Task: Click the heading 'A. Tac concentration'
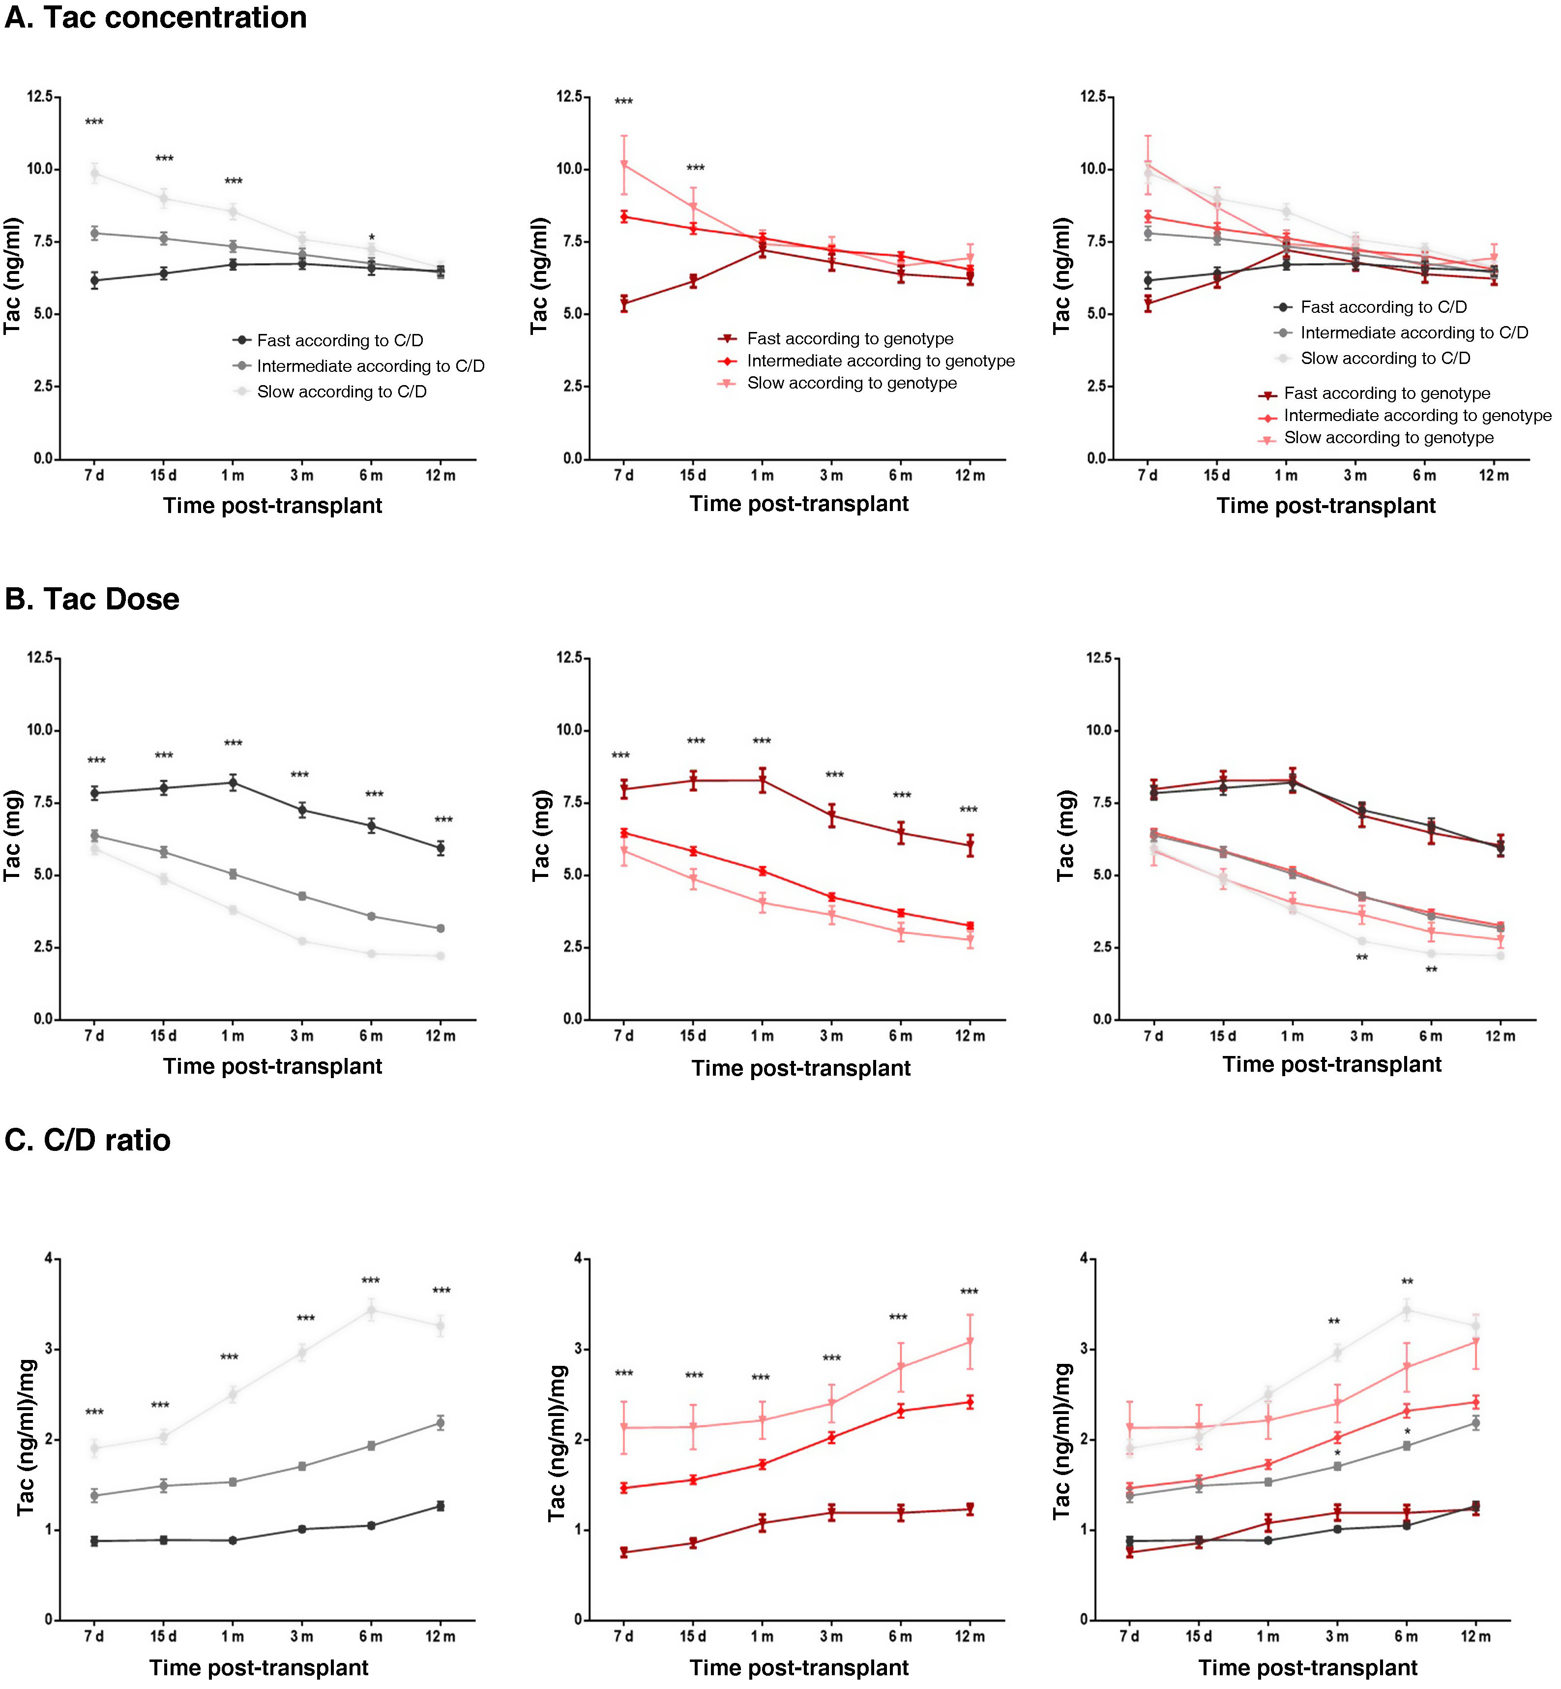[155, 18]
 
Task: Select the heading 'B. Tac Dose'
[92, 599]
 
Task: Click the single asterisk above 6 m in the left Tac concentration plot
[372, 238]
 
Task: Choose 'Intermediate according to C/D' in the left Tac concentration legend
[370, 366]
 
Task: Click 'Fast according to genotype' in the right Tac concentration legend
[1386, 394]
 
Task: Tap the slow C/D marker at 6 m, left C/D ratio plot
[371, 1310]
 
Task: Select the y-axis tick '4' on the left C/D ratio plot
[49, 1259]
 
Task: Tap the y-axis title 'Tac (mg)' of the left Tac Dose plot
[13, 837]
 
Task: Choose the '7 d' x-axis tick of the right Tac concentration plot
[1147, 476]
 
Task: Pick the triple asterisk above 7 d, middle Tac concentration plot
[623, 102]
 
